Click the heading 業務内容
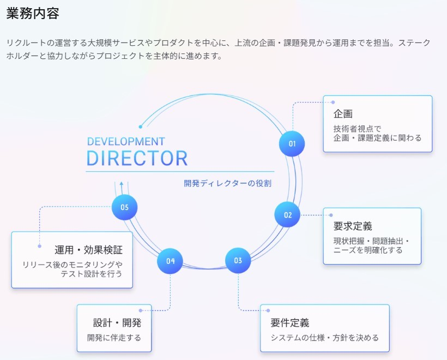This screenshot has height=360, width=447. (x=33, y=14)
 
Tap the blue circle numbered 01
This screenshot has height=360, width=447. (x=292, y=144)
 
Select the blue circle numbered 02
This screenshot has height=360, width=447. (x=287, y=215)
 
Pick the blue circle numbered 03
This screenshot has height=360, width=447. (x=238, y=261)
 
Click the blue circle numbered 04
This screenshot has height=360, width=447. (x=170, y=261)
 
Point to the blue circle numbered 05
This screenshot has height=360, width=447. (x=124, y=207)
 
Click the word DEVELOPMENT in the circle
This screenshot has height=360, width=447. (x=126, y=142)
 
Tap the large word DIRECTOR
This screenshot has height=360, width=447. (x=137, y=158)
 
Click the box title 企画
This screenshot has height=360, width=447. (x=343, y=114)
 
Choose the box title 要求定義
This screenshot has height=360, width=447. (x=353, y=226)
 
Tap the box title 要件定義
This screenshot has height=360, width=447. (x=290, y=322)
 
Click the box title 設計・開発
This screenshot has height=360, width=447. (x=117, y=322)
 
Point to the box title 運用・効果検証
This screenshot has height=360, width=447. (x=88, y=250)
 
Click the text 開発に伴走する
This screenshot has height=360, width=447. (x=114, y=338)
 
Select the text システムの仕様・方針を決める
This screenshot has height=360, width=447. (x=324, y=338)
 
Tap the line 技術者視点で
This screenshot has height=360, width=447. (x=357, y=129)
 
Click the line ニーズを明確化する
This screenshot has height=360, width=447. (x=368, y=250)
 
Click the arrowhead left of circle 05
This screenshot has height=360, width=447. (x=122, y=185)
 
